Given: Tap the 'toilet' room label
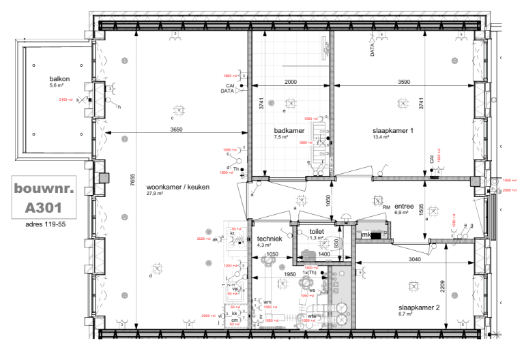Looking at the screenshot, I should click(317, 231).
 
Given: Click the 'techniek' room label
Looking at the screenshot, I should click(270, 239).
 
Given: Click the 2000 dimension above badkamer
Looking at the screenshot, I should click(291, 82).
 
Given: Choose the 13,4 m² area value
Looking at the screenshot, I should click(381, 137).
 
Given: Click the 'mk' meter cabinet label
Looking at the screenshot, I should click(366, 235).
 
